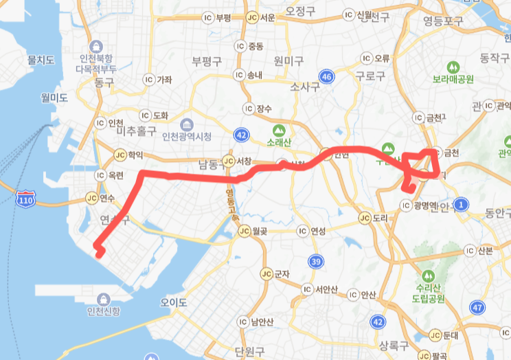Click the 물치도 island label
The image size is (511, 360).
(41, 61)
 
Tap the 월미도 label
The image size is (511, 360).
(54, 98)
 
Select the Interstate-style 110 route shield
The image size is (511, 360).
(25, 199)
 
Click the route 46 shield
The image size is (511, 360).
(326, 77)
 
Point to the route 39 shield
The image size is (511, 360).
(316, 261)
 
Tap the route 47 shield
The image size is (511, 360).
(477, 306)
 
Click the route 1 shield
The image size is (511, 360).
(461, 204)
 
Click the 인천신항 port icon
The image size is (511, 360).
(104, 299)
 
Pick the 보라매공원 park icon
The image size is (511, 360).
(453, 67)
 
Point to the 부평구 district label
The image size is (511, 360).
(205, 60)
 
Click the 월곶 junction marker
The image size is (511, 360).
(245, 232)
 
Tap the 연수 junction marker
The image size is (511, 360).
(93, 198)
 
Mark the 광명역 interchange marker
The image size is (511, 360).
(405, 205)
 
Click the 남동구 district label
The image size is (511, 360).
(212, 164)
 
